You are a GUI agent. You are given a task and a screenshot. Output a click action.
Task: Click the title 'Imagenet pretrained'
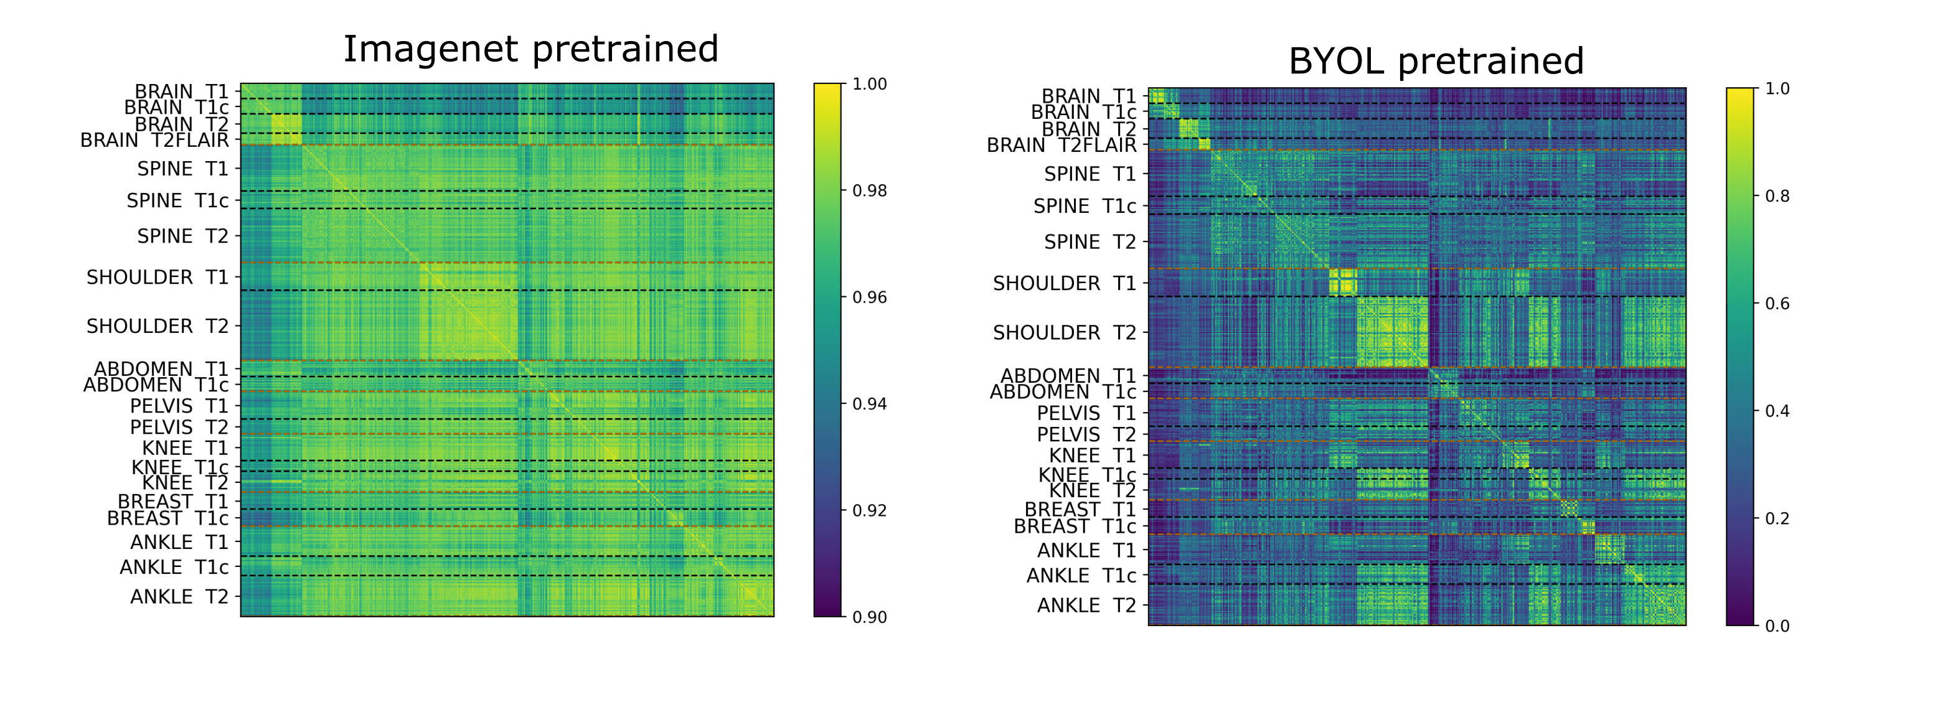tap(530, 49)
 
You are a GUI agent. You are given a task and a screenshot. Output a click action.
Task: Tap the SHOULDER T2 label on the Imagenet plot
tap(157, 326)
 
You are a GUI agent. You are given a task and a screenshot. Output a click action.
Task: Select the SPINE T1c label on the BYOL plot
tap(1085, 206)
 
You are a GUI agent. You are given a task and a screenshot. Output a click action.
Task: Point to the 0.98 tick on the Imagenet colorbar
tap(869, 191)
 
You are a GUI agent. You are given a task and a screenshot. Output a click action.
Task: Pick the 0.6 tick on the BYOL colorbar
tap(1776, 304)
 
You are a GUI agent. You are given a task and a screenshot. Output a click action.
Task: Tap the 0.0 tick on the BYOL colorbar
tap(1776, 626)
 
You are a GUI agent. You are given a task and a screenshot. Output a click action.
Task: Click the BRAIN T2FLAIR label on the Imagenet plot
tap(154, 140)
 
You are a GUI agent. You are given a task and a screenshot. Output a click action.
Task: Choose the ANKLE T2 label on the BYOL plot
tap(1086, 605)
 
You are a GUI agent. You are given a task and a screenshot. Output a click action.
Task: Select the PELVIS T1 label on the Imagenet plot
tap(179, 406)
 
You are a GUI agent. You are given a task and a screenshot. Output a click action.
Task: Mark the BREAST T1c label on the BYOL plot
tap(1075, 526)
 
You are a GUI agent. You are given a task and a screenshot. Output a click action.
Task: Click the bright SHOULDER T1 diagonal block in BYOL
tap(1343, 282)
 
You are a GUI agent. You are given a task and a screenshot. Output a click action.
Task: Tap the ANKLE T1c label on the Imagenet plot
tap(174, 567)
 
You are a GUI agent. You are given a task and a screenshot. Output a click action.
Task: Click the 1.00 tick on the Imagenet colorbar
tap(869, 84)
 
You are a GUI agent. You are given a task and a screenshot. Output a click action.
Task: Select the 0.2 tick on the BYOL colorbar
tap(1776, 518)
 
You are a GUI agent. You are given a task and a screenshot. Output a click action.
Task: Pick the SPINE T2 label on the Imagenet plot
tap(182, 236)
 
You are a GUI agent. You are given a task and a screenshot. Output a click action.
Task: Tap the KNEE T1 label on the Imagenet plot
tap(185, 448)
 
